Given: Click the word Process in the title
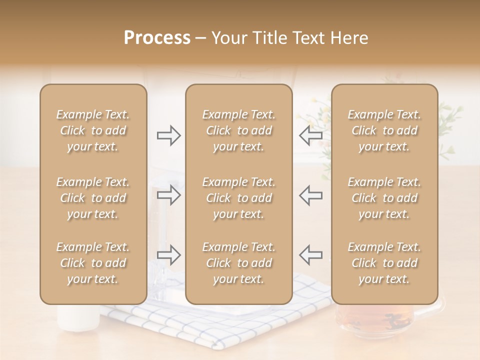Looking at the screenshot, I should click(157, 38).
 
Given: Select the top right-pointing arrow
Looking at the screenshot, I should click(168, 135).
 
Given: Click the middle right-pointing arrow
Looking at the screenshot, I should click(168, 195).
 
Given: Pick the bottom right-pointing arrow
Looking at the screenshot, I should click(168, 254).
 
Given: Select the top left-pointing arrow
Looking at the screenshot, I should click(310, 135).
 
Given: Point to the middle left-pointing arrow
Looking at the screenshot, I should click(310, 195).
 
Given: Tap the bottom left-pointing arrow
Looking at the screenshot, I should click(310, 254).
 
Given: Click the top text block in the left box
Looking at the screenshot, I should click(93, 130).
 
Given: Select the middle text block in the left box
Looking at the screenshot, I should click(93, 198).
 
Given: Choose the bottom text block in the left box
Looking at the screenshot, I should click(93, 263).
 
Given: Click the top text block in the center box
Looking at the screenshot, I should click(238, 130).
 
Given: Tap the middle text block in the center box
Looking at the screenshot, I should click(238, 198).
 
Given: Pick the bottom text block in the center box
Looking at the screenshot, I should click(238, 263).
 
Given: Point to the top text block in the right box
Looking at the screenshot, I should click(384, 130).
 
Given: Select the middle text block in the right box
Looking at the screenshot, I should click(384, 198).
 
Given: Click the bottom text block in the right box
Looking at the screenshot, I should click(384, 263).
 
